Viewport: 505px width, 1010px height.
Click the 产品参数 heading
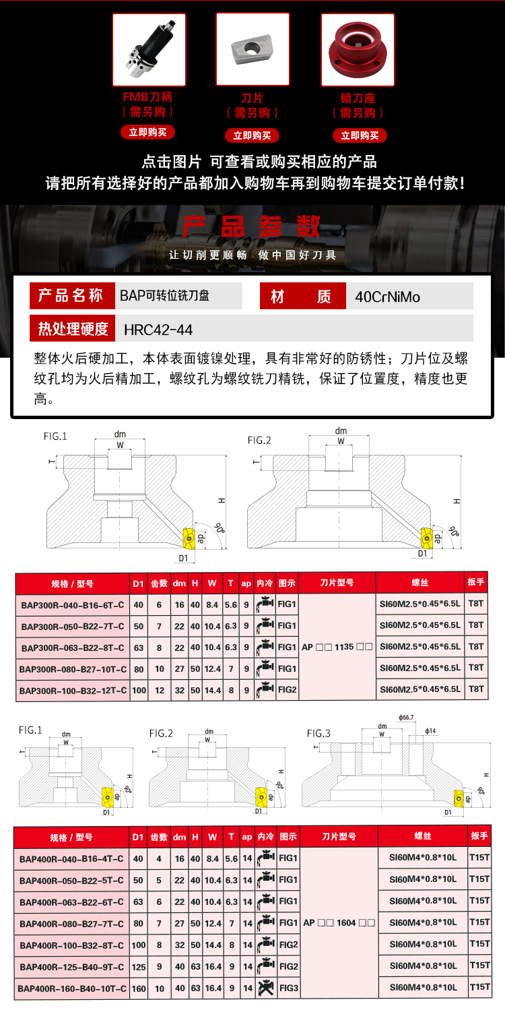pyautogui.click(x=252, y=226)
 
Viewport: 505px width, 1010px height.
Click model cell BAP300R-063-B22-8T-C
pyautogui.click(x=73, y=647)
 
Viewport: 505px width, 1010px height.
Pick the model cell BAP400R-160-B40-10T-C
pyautogui.click(x=73, y=988)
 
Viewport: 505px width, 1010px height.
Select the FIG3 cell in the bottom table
pyautogui.click(x=288, y=988)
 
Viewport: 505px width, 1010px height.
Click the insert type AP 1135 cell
pyautogui.click(x=337, y=647)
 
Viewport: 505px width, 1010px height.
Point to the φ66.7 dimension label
pyautogui.click(x=406, y=718)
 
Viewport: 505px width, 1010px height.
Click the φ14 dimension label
pyautogui.click(x=431, y=731)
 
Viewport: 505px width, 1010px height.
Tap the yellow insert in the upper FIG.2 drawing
pyautogui.click(x=426, y=537)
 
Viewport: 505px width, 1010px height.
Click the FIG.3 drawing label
pyautogui.click(x=319, y=733)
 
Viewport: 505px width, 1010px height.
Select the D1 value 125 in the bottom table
pyautogui.click(x=138, y=967)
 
